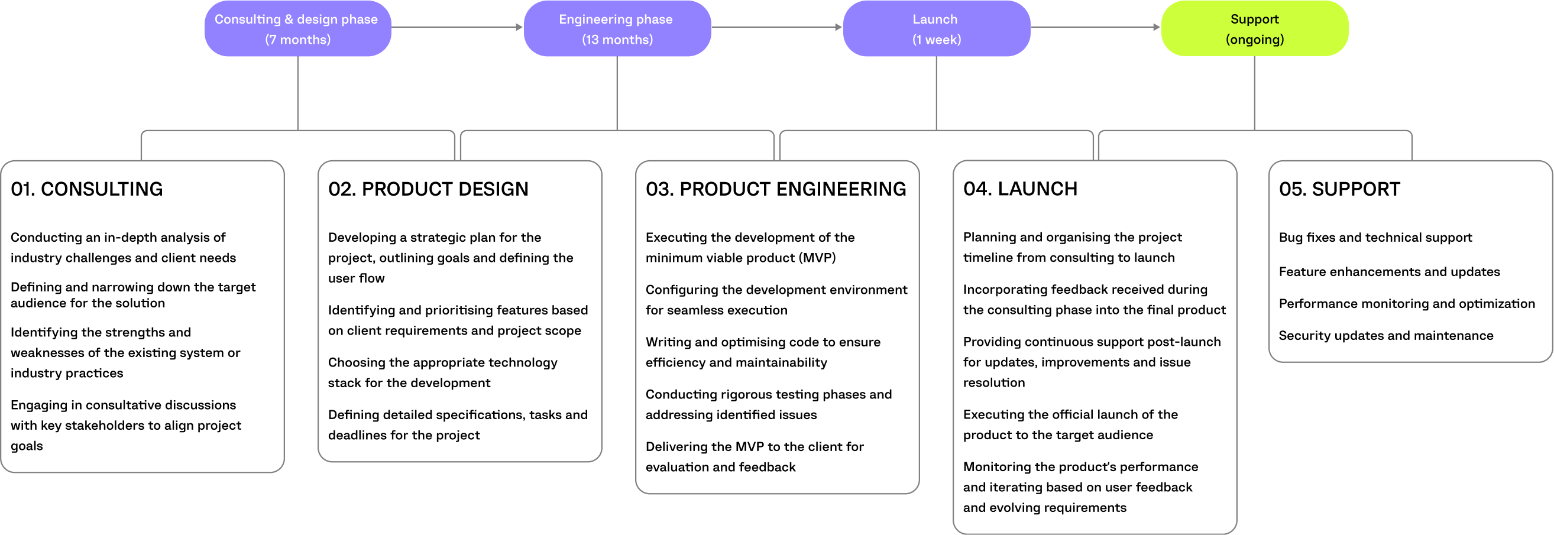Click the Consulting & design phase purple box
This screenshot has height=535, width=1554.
pyautogui.click(x=297, y=28)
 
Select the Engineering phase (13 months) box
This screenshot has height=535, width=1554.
pyautogui.click(x=617, y=28)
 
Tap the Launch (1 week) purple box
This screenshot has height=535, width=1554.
pyautogui.click(x=935, y=28)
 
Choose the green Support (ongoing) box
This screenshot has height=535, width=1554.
pyautogui.click(x=1254, y=28)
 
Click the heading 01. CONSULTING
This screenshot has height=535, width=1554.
pyautogui.click(x=87, y=189)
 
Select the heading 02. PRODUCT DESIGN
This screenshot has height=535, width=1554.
pyautogui.click(x=428, y=189)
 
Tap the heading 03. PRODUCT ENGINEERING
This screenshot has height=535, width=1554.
pyautogui.click(x=775, y=189)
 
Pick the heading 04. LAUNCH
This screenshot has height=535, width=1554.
pyautogui.click(x=1019, y=189)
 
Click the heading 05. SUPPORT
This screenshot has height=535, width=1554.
pyautogui.click(x=1339, y=189)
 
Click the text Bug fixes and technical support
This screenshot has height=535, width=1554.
pyautogui.click(x=1375, y=238)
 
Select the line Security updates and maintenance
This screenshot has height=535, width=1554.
pyautogui.click(x=1385, y=336)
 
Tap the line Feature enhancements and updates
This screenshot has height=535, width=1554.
pyautogui.click(x=1388, y=272)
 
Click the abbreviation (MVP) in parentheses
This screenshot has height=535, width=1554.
pyautogui.click(x=817, y=258)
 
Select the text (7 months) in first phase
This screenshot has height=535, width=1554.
pyautogui.click(x=297, y=40)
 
